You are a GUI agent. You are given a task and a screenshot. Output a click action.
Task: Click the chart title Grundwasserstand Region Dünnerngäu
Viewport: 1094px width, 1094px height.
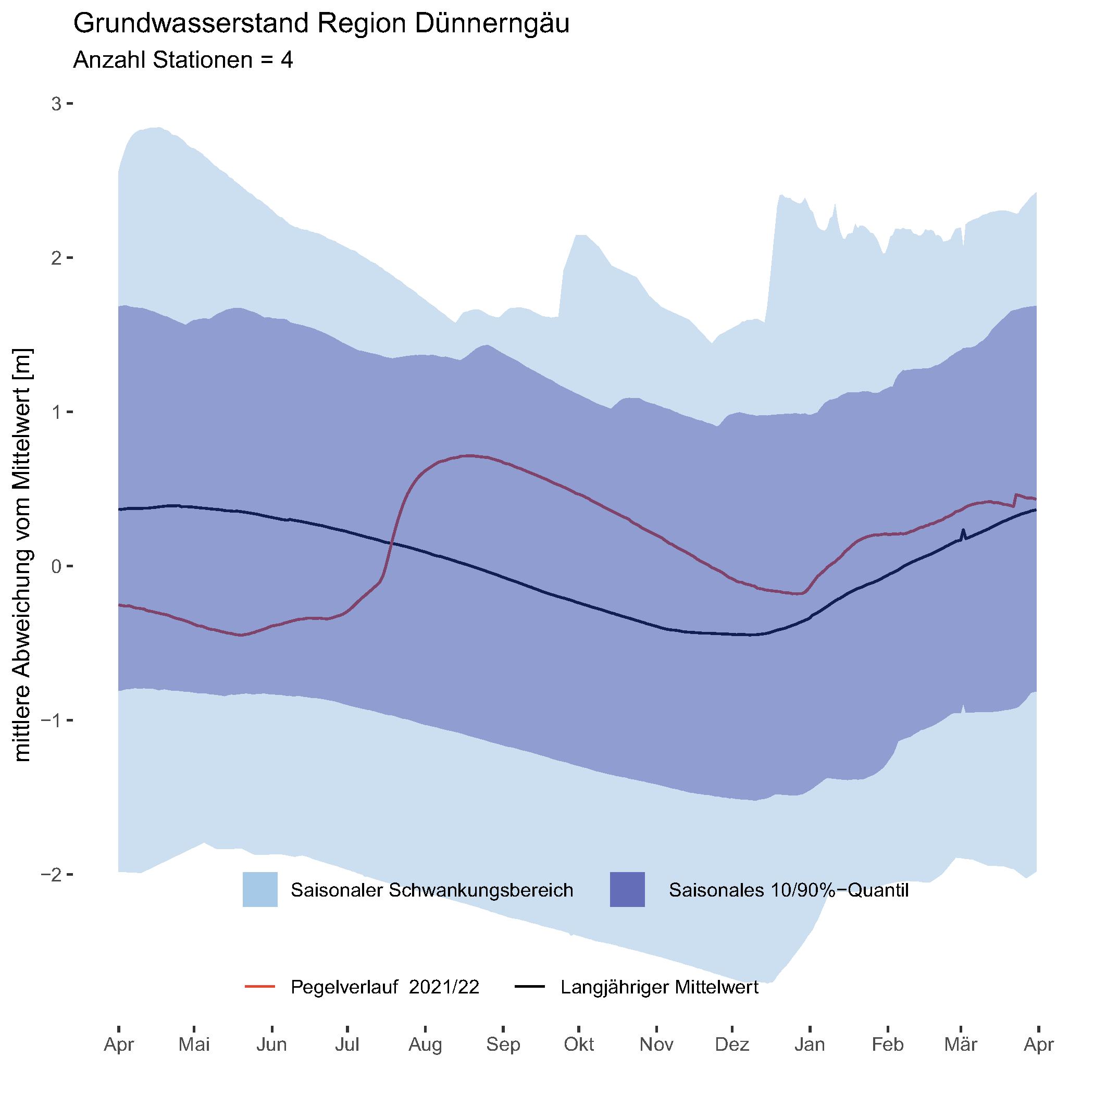click(321, 24)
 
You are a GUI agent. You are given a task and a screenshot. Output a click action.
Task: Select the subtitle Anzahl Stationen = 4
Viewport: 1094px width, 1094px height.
click(183, 60)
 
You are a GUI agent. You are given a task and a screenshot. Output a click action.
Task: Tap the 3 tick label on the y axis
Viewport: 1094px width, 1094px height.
click(56, 104)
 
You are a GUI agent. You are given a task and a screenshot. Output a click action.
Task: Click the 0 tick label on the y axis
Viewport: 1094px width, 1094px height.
click(56, 566)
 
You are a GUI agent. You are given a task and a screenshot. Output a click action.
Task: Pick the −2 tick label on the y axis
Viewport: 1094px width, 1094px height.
click(52, 874)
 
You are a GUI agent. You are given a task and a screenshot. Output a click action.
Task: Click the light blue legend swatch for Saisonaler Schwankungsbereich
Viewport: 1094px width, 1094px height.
click(260, 890)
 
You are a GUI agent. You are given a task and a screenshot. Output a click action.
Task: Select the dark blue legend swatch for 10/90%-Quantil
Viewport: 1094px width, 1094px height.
click(627, 890)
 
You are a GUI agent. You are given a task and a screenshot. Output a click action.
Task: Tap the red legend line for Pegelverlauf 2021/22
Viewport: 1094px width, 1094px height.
click(260, 987)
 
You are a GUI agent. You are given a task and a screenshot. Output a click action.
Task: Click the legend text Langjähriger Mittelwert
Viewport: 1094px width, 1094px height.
click(660, 987)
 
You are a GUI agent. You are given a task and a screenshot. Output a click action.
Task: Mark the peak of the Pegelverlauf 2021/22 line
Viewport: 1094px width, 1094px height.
click(469, 455)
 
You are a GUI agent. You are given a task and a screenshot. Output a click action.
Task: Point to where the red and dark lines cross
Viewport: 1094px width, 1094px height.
click(391, 543)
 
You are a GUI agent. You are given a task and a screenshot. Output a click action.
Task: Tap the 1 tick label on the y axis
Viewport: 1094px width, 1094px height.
click(56, 412)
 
